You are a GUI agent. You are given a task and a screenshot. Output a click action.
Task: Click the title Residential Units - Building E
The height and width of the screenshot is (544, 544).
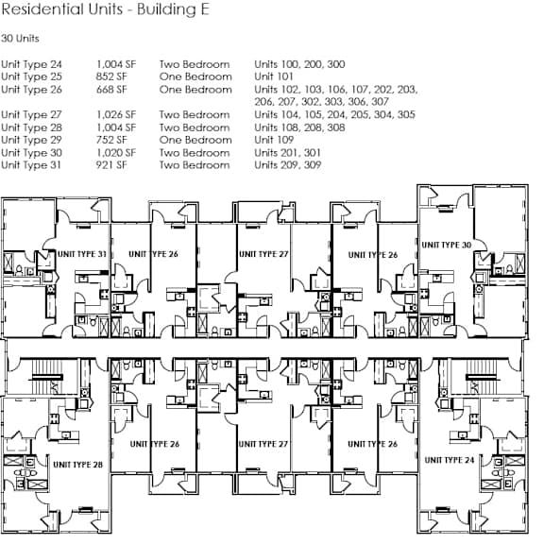pos(106,9)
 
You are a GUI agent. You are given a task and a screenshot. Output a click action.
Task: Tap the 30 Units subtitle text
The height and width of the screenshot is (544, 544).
pos(20,38)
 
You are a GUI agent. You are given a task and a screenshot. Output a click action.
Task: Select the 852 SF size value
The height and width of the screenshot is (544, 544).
pos(111,76)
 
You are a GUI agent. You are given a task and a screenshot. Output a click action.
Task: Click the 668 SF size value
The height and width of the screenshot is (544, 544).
pos(111,90)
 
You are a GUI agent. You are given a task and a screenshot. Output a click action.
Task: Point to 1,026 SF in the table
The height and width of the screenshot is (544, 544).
pos(116,115)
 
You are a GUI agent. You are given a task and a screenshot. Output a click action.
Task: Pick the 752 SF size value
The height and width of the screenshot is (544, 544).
pos(111,140)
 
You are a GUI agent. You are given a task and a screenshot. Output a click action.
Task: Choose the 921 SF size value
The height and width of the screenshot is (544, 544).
pos(111,165)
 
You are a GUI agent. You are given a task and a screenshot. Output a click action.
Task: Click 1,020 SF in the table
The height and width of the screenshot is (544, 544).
pos(116,153)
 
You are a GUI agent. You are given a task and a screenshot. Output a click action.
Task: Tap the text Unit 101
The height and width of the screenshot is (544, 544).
pos(274,76)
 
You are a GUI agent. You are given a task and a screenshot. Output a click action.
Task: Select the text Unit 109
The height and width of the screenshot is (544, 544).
pos(274,140)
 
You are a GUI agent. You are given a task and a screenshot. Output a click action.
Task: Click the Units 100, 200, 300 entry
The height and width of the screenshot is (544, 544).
pos(299,64)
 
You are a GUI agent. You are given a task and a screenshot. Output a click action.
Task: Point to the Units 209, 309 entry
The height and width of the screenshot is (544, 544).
pos(288,165)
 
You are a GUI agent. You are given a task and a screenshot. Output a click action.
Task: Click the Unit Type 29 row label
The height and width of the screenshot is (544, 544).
pos(31,140)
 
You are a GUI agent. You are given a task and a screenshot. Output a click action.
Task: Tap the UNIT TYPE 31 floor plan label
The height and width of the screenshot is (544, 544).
pos(82,254)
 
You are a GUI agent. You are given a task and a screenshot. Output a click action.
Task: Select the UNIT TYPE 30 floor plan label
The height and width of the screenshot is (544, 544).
pos(447,245)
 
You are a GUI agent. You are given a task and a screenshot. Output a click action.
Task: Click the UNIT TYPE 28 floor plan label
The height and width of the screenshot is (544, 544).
pos(78,465)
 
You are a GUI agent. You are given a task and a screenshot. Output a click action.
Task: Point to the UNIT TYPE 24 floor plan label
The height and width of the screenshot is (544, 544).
pos(450,460)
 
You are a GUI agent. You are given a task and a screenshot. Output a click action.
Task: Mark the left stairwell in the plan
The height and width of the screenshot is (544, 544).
pos(46,377)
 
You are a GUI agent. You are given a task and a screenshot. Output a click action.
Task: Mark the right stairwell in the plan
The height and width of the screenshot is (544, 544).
pos(482,377)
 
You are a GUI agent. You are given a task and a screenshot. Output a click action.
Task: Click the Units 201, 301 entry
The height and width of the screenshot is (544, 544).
pos(287,153)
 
